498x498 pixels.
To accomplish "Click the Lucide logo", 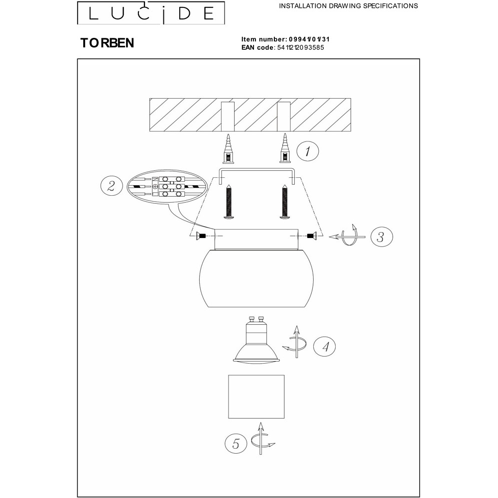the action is click(x=151, y=13).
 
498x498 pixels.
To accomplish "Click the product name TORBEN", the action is click(x=107, y=43).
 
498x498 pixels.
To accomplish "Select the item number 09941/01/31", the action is click(x=309, y=39).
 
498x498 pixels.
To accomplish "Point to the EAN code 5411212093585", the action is click(x=300, y=48).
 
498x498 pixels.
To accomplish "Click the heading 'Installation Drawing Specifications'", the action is click(x=349, y=5).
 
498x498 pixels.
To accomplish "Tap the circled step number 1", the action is click(x=307, y=151).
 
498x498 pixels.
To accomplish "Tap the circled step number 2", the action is click(x=111, y=186).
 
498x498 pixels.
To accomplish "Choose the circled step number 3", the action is click(x=381, y=237).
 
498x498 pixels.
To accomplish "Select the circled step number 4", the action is click(x=324, y=347).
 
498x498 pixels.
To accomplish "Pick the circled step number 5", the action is click(x=236, y=443).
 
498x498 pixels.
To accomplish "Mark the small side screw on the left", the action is click(x=201, y=236).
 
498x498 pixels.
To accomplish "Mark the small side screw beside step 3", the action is click(x=312, y=236).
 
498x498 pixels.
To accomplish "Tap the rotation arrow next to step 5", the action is click(x=262, y=439).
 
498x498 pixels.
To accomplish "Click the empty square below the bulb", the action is click(x=256, y=397).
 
